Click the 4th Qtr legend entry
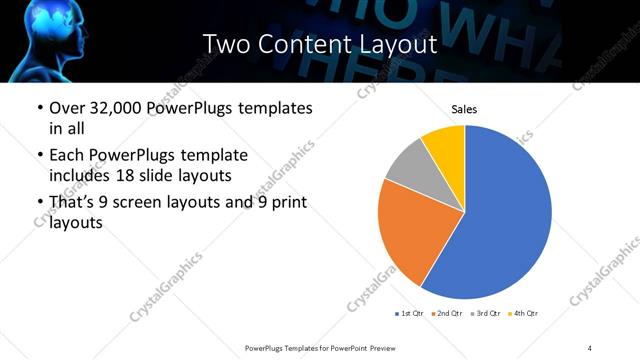click(x=523, y=314)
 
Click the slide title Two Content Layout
click(x=319, y=44)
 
